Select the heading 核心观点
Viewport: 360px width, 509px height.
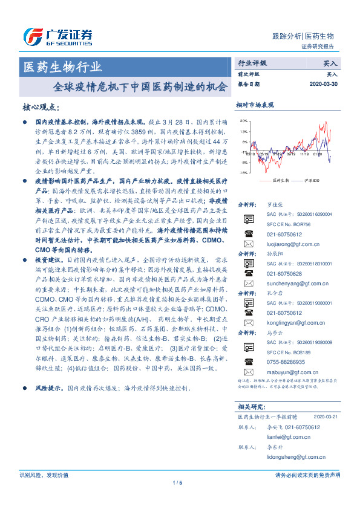[x=40, y=108]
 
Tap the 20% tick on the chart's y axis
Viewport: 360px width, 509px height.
[x=243, y=121]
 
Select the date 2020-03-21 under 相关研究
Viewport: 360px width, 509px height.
[x=326, y=417]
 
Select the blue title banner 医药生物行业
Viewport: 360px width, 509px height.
[x=62, y=66]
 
